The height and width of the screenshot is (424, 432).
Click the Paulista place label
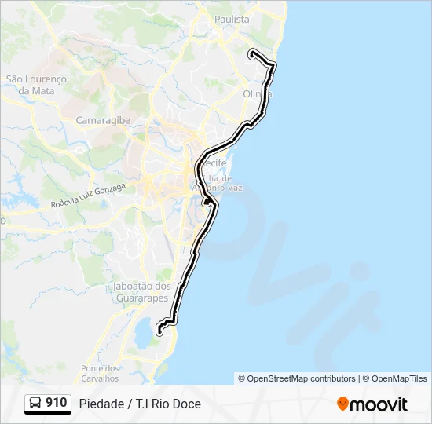(x=231, y=19)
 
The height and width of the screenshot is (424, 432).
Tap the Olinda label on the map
(x=257, y=94)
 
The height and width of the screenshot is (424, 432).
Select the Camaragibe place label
(x=103, y=120)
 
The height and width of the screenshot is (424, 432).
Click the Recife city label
(x=213, y=163)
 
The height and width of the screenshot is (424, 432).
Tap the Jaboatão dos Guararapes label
(x=141, y=292)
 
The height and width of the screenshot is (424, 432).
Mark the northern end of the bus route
(x=251, y=53)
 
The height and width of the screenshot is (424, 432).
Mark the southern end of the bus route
(x=159, y=330)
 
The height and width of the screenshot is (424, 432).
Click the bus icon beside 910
(x=35, y=404)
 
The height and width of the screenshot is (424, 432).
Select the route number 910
(x=57, y=403)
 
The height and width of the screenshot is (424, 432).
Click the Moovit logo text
(x=379, y=404)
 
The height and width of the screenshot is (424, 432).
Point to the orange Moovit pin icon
(x=342, y=404)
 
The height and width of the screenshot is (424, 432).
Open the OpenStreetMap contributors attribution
(x=302, y=378)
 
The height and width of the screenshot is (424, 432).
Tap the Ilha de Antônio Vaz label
(x=226, y=183)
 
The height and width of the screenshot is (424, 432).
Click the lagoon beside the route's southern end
(x=145, y=334)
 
